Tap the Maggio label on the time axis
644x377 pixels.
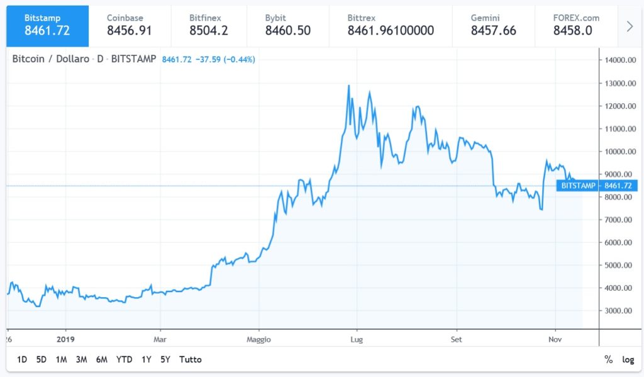click(x=258, y=339)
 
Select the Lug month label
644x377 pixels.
click(x=357, y=339)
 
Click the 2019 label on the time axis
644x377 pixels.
click(x=65, y=339)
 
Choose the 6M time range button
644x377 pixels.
click(x=101, y=359)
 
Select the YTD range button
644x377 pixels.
click(x=124, y=359)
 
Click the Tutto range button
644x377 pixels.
click(x=191, y=359)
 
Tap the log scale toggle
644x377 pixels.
click(x=628, y=359)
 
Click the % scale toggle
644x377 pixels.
click(x=608, y=359)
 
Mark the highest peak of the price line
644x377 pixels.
click(x=348, y=85)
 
